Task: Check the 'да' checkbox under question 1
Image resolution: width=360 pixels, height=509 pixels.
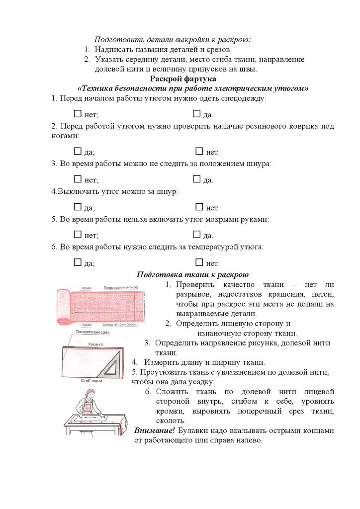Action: coord(196,114)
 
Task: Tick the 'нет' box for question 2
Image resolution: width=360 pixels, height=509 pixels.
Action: coord(199,151)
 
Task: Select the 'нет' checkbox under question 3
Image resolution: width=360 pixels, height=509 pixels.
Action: coord(77,179)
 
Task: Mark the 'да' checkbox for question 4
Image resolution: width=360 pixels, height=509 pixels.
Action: coord(77,207)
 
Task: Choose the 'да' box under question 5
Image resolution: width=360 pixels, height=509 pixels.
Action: coord(196,235)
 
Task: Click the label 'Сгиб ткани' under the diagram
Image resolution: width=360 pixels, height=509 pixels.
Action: coord(91,381)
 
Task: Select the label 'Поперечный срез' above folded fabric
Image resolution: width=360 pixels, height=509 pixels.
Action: coord(92,332)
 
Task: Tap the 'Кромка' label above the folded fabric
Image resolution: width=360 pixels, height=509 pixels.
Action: coord(95,344)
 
